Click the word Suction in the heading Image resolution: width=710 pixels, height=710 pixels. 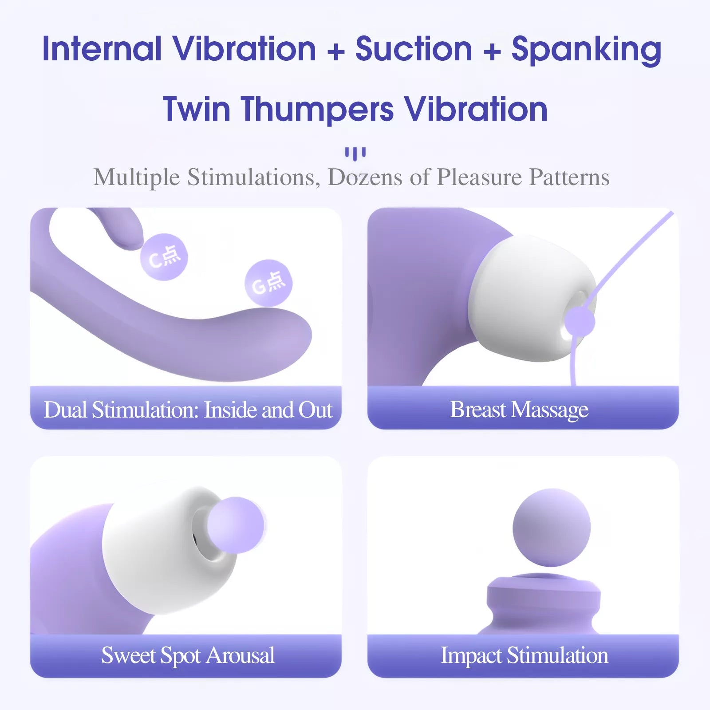(x=414, y=49)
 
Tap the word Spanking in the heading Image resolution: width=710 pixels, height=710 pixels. (x=586, y=50)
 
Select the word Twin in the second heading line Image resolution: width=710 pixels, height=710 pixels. (x=197, y=109)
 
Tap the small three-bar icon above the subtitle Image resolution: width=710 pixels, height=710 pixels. (x=355, y=154)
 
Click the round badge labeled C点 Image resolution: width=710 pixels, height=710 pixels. (x=164, y=257)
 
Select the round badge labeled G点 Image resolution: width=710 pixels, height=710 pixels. (x=268, y=283)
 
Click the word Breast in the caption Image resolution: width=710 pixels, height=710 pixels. (x=477, y=409)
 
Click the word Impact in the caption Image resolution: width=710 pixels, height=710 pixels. (x=471, y=655)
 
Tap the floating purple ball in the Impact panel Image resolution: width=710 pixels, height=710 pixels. (x=552, y=528)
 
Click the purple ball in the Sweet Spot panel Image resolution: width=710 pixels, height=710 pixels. (x=236, y=525)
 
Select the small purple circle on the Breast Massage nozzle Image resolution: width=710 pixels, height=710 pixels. (x=580, y=322)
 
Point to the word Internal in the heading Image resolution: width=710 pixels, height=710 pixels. (x=102, y=49)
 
